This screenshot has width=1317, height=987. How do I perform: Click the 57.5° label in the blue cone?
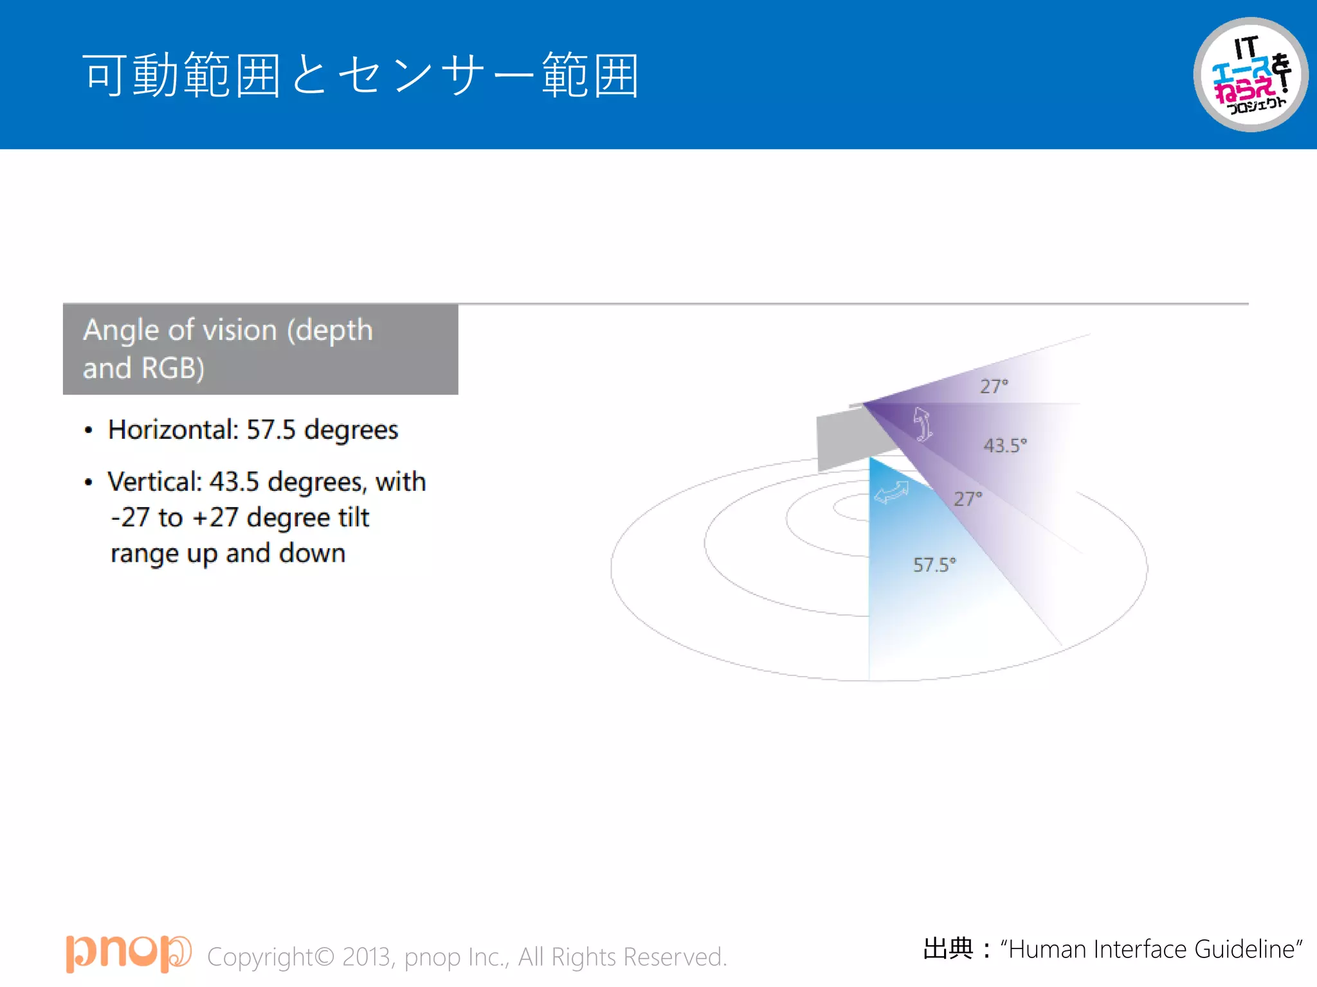coord(934,565)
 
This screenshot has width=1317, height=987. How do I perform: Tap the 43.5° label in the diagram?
coord(1005,445)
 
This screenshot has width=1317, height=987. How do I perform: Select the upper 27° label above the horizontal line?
coord(994,386)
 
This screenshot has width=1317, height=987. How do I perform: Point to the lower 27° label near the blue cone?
coord(968,499)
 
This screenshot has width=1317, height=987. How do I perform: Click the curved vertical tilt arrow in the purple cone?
coord(923,424)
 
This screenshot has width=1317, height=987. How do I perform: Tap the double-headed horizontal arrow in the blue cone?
coord(892,493)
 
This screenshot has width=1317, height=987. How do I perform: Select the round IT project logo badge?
coord(1250,75)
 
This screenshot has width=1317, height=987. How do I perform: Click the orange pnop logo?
coord(128,953)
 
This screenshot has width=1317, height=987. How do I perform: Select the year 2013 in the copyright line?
coord(367,957)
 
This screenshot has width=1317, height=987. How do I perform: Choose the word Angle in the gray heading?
coord(121,330)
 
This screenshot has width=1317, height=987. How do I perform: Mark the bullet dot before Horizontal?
coord(89,431)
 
